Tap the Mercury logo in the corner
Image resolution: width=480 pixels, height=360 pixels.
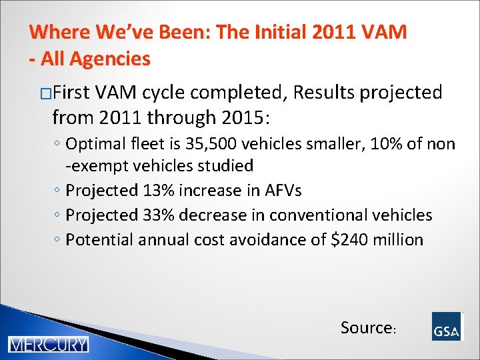[48, 345]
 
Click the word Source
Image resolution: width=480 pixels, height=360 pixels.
[366, 327]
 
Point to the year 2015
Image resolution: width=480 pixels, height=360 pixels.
[238, 118]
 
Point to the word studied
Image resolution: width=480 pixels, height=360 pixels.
[225, 165]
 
